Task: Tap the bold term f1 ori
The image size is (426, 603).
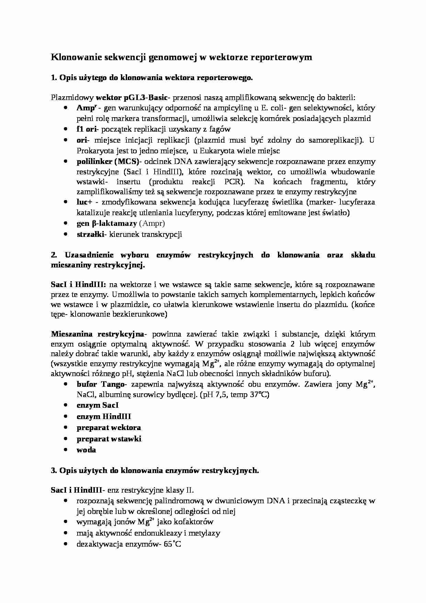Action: pos(87,129)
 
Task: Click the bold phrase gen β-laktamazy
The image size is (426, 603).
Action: pos(106,223)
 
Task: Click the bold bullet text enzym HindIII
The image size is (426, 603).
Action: pos(104,417)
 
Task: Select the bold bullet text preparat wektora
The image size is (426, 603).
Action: pos(109,428)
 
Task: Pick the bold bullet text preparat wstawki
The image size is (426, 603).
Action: pos(109,439)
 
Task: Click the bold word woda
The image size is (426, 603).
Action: pos(86,450)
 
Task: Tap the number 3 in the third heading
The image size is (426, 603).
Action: pos(53,471)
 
